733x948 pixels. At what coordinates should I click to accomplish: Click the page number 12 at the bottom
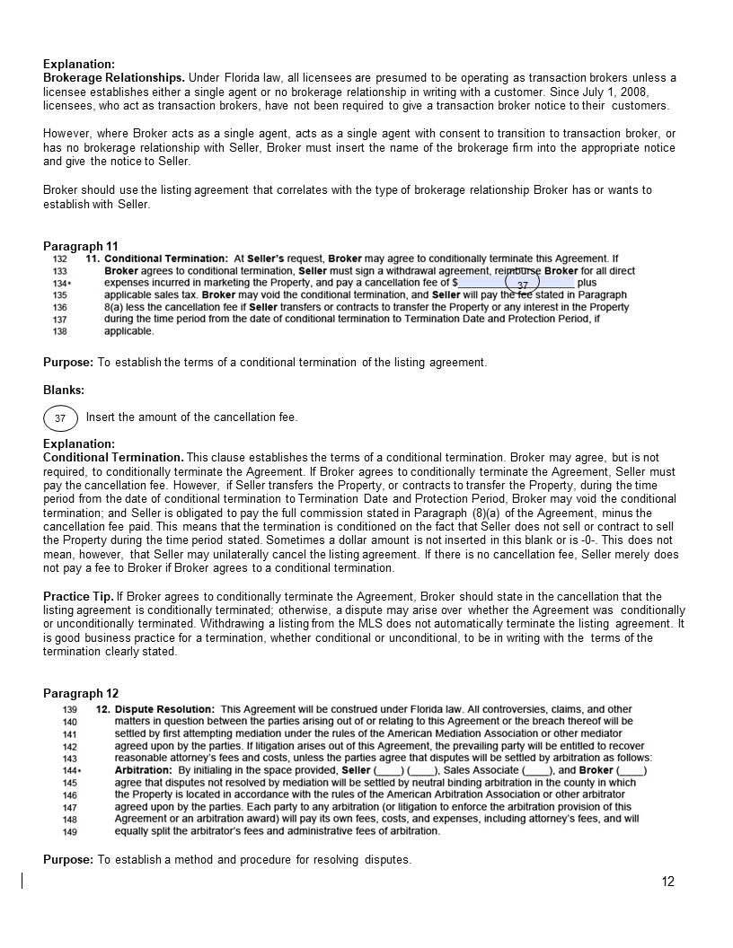[667, 882]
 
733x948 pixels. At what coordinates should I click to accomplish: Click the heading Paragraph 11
[81, 246]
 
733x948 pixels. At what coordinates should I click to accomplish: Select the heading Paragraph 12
[81, 693]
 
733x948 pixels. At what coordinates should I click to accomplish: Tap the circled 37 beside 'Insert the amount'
[60, 418]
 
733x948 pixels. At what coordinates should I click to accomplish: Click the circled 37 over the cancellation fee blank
[522, 285]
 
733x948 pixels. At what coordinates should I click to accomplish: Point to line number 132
[60, 259]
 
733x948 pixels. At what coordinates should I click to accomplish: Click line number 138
[60, 331]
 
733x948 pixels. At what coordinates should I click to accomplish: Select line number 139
[69, 709]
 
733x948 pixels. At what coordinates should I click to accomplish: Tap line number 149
[69, 831]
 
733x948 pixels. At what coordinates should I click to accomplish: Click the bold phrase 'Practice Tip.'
[78, 596]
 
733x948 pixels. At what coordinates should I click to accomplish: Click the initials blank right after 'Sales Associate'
[536, 770]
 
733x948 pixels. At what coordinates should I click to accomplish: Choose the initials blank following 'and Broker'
[631, 770]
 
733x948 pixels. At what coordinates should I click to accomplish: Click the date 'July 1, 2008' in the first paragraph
[614, 92]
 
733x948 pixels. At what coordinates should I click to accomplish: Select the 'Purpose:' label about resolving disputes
[68, 860]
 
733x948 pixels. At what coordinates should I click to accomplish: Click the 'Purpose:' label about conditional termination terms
[68, 363]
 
